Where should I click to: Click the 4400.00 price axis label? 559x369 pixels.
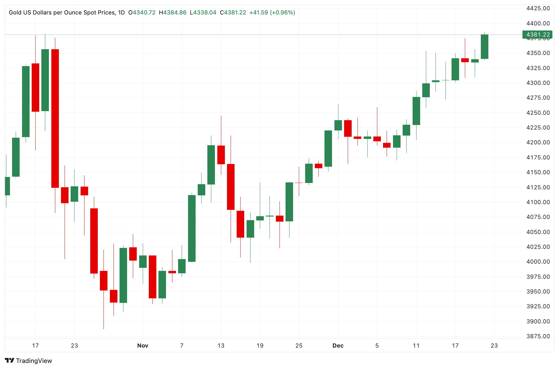538,23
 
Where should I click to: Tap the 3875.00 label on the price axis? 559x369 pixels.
538,336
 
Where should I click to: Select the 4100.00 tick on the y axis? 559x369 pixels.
538,202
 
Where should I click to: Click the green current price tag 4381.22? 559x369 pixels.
537,35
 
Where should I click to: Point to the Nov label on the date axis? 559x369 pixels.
143,345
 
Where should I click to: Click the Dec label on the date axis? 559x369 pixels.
338,345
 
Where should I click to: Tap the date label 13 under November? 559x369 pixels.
221,345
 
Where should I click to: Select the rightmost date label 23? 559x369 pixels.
494,345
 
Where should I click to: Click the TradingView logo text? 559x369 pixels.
34,361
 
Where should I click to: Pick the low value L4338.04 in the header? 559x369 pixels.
203,13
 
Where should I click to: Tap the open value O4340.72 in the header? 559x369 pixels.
142,13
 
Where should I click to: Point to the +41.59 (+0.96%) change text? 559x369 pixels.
272,13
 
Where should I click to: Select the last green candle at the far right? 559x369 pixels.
484,47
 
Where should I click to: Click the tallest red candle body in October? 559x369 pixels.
55,118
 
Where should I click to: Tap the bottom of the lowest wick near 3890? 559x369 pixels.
104,329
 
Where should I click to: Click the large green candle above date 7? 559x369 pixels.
192,228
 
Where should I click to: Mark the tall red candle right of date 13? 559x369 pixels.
231,187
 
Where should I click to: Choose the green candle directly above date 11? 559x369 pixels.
416,111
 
